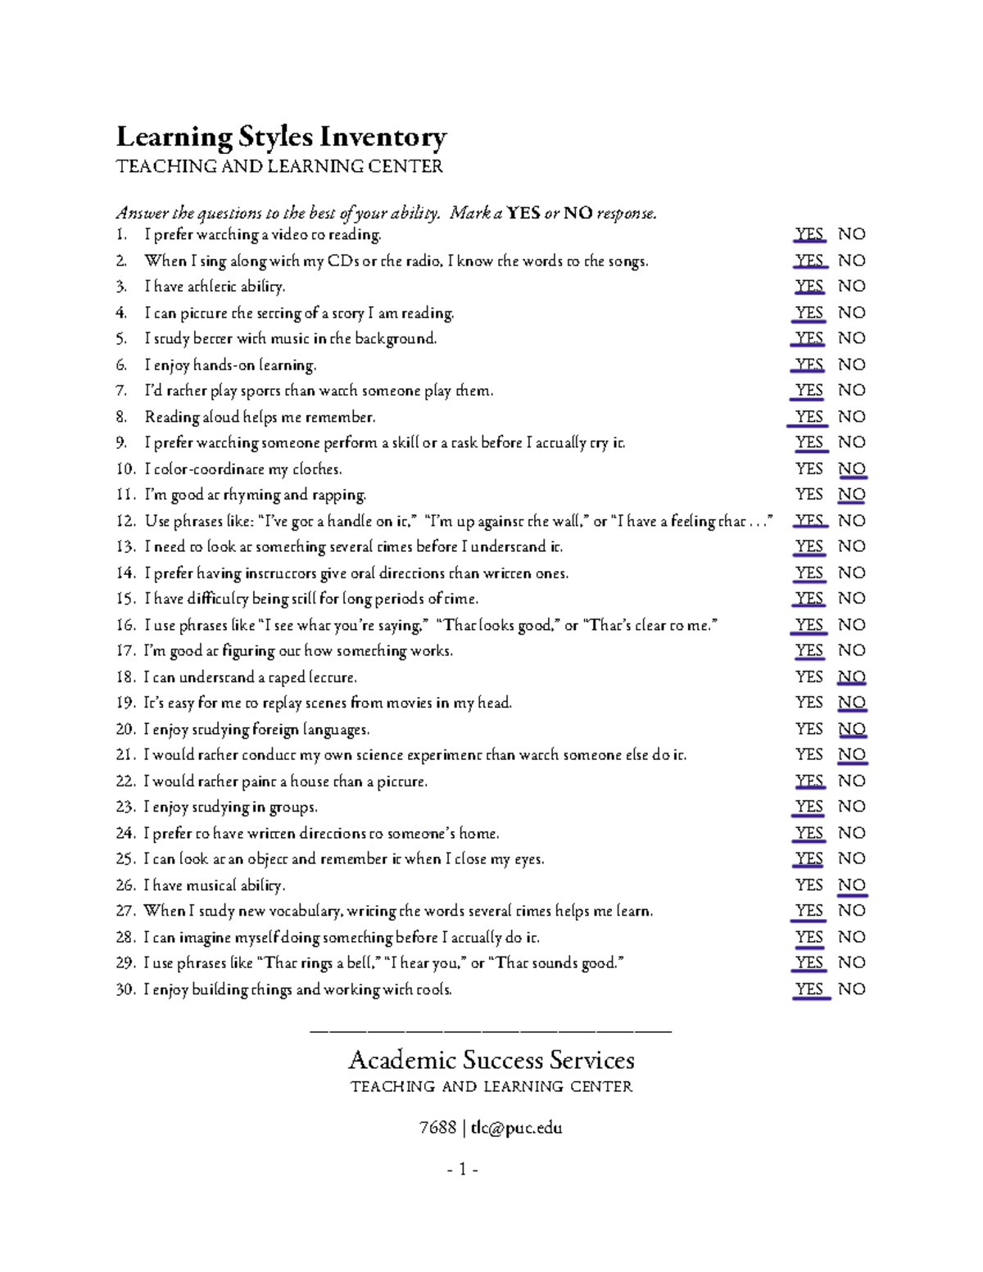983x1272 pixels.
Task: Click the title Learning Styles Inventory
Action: click(x=281, y=137)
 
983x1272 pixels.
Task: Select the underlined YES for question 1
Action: click(x=809, y=234)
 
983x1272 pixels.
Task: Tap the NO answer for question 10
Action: click(x=852, y=469)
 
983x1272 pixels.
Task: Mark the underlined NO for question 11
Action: click(x=852, y=495)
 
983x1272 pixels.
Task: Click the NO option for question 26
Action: click(x=852, y=885)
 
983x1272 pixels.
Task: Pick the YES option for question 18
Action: click(x=809, y=677)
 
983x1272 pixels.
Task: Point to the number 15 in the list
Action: click(x=125, y=599)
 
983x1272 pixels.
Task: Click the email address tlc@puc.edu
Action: click(x=516, y=1128)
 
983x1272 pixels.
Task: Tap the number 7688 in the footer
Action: click(x=437, y=1128)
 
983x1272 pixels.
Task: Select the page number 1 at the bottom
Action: click(x=463, y=1170)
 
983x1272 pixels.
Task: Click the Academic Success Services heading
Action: click(x=491, y=1060)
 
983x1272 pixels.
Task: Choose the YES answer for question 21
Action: click(x=809, y=754)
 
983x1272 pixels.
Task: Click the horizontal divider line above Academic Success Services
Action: click(x=491, y=1030)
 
